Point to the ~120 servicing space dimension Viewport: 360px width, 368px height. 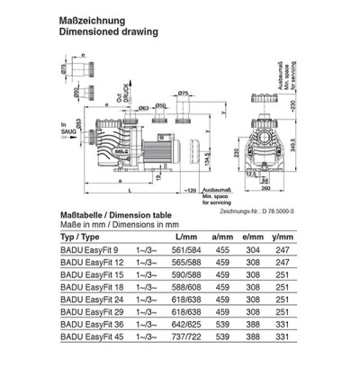[x=189, y=192]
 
